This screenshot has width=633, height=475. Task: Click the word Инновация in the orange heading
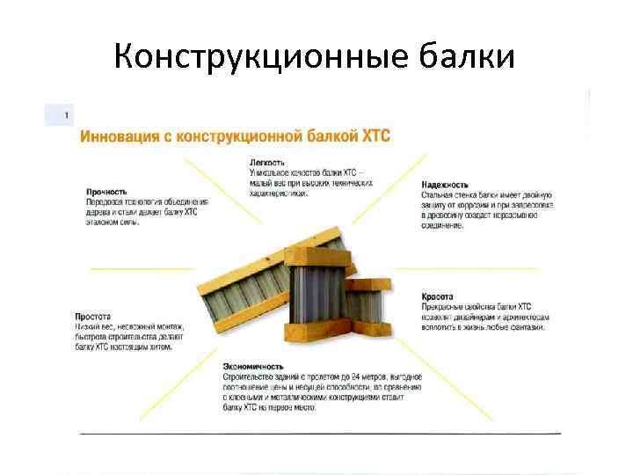tap(118, 136)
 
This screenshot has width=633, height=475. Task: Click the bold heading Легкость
tap(267, 163)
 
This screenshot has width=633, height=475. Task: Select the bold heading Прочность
tap(106, 191)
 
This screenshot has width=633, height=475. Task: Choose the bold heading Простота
tap(91, 316)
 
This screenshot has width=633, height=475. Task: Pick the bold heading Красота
tap(437, 296)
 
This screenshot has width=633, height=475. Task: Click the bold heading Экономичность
tap(253, 366)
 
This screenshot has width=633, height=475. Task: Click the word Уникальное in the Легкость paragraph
tap(269, 173)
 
